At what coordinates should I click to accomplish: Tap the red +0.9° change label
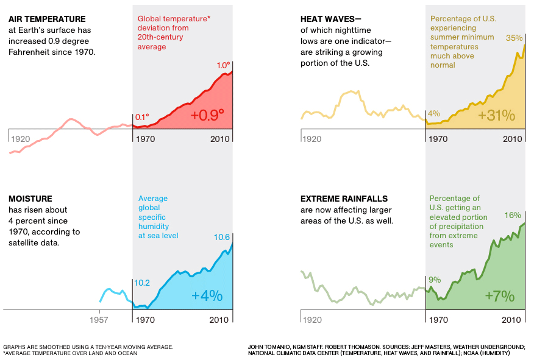tap(207, 115)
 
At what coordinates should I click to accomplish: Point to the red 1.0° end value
tap(224, 66)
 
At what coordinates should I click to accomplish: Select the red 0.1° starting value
tap(141, 117)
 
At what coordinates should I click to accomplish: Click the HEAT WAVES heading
tap(329, 19)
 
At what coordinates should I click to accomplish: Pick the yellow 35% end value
tap(514, 38)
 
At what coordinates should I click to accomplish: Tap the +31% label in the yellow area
tap(497, 116)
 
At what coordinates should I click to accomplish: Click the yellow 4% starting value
tap(434, 113)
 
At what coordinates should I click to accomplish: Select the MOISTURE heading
tap(30, 199)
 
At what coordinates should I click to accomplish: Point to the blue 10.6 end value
tap(222, 238)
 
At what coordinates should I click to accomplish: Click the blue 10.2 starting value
tap(141, 283)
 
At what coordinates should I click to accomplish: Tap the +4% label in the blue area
tap(207, 296)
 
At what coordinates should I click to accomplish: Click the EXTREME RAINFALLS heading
tap(344, 199)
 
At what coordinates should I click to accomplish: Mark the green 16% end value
tap(513, 215)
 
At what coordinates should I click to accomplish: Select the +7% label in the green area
tap(500, 297)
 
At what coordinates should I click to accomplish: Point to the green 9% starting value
tap(435, 280)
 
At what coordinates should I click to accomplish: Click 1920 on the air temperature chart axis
tap(21, 139)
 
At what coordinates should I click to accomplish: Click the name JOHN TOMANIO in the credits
tap(268, 347)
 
